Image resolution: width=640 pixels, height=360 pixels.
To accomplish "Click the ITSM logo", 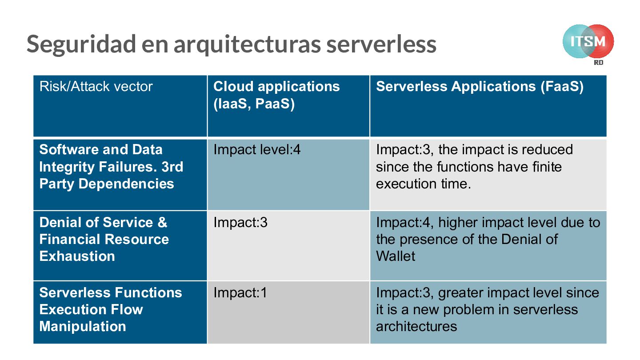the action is pyautogui.click(x=588, y=42).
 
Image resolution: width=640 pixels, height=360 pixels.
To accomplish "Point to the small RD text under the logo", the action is pyautogui.click(x=599, y=63).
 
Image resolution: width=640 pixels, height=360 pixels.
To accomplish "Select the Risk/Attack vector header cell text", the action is pyautogui.click(x=96, y=86).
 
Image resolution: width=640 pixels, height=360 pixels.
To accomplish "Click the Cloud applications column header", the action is pyautogui.click(x=276, y=86).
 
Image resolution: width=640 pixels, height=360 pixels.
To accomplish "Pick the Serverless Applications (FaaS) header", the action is pyautogui.click(x=480, y=86).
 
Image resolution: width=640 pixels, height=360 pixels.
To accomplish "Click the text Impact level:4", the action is pyautogui.click(x=257, y=150).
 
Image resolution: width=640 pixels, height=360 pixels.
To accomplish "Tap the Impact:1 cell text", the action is pyautogui.click(x=240, y=292).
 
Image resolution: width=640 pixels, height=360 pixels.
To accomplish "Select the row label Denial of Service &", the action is pyautogui.click(x=103, y=222).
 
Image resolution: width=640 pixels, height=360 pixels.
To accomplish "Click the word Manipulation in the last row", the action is pyautogui.click(x=83, y=326).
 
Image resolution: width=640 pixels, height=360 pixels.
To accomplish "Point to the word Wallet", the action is pyautogui.click(x=396, y=256).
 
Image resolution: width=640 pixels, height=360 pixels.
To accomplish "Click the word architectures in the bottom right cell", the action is pyautogui.click(x=416, y=326).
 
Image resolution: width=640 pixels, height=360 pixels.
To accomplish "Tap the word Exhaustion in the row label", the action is pyautogui.click(x=77, y=256).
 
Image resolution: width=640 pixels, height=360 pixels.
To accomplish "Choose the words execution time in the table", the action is pyautogui.click(x=423, y=184).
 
